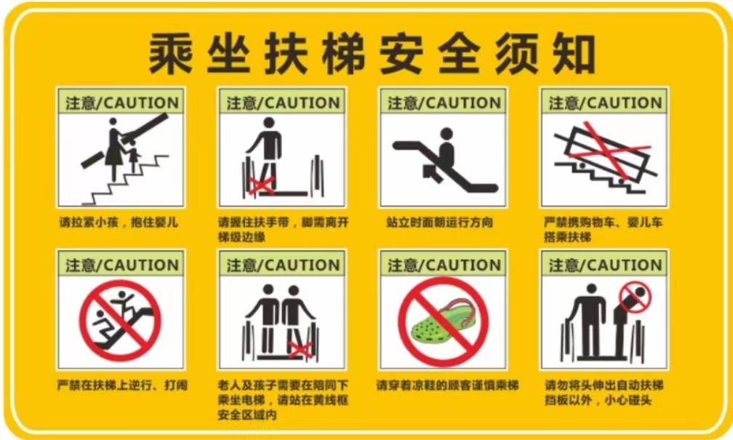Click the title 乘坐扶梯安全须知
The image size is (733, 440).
[x=372, y=54]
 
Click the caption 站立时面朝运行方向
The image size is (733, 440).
[x=439, y=222]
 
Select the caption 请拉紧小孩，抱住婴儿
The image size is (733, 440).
[x=119, y=222]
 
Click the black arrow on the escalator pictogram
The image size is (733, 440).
[x=433, y=172]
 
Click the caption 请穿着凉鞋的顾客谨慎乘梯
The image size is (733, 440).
[x=447, y=385]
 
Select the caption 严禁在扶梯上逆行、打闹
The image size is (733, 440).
[x=122, y=385]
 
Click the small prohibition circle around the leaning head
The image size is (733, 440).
[x=636, y=297]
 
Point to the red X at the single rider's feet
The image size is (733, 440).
[x=261, y=185]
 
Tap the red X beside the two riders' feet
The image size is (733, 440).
[x=300, y=349]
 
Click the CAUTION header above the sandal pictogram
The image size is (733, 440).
[x=444, y=265]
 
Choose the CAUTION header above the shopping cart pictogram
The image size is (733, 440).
[x=605, y=103]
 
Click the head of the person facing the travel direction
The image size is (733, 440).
[x=446, y=135]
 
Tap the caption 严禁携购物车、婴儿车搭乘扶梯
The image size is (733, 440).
[x=603, y=229]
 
